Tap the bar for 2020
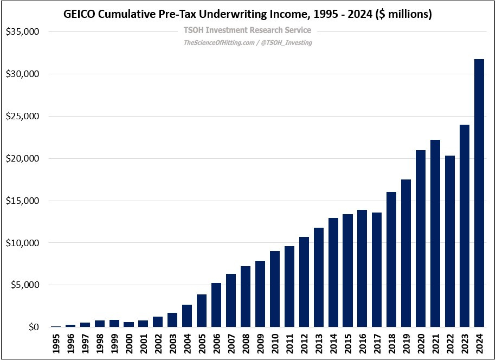coord(421,239)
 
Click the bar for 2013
coord(319,277)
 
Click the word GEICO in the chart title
coord(80,15)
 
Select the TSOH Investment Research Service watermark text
coord(248,30)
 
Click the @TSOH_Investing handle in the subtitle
coord(287,42)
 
